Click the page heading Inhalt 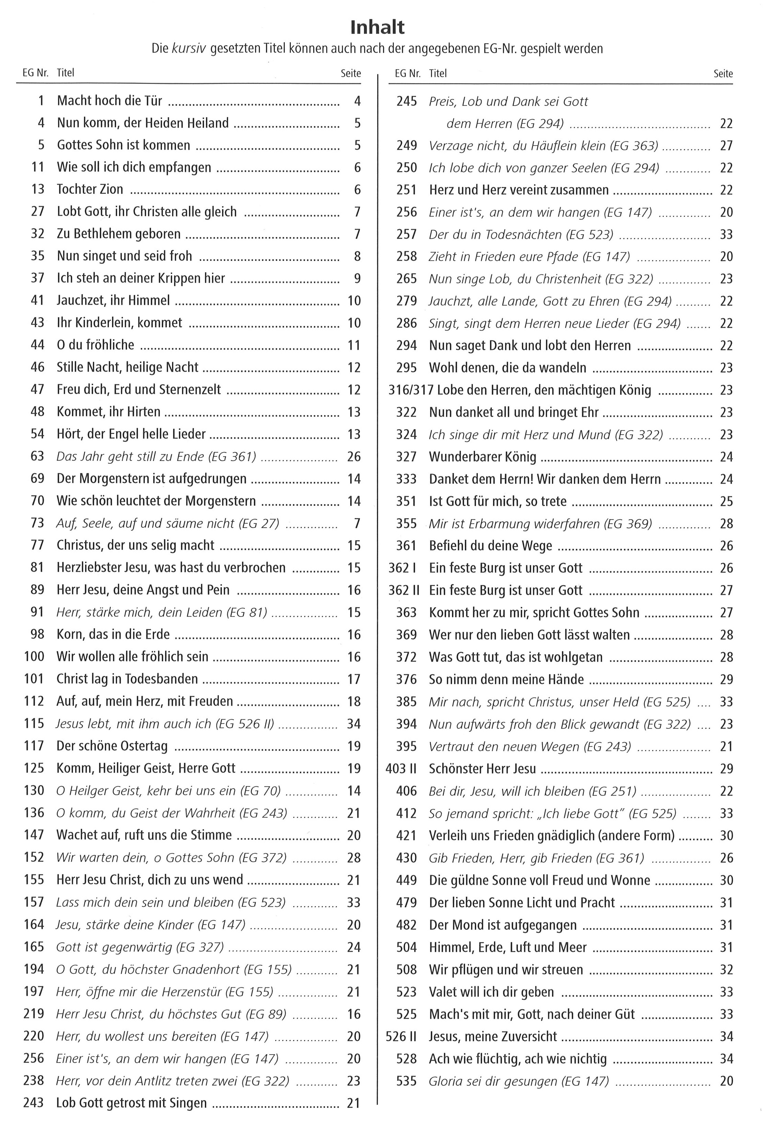(x=377, y=27)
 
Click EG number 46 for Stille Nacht (x=38, y=367)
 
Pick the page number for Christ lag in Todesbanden (x=354, y=679)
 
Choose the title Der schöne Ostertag (x=112, y=746)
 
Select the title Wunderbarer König (x=482, y=457)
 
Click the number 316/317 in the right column (x=410, y=390)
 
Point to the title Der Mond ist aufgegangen (x=503, y=924)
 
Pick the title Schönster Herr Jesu (x=482, y=768)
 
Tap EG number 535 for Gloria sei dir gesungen (x=407, y=1081)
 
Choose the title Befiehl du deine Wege (x=491, y=546)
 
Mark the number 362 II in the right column (x=404, y=590)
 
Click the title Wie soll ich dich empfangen (x=134, y=167)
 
